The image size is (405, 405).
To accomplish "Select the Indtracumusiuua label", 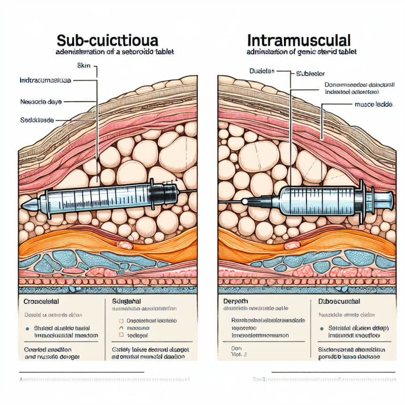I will coord(45,81).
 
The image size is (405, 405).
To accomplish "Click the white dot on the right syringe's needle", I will coord(244,201).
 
